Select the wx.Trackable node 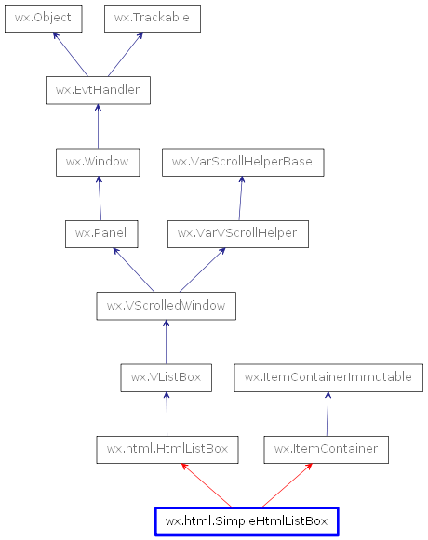point(152,18)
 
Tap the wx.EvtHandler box point(98,90)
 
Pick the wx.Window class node point(98,162)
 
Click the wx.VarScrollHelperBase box point(243,162)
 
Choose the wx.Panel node point(101,233)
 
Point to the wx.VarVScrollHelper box point(237,233)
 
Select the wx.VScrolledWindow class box point(166,305)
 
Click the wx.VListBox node point(166,377)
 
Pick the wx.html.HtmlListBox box point(167,450)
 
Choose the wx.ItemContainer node point(326,450)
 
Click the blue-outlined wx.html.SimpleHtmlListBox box point(247,521)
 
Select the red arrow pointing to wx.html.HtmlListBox point(207,485)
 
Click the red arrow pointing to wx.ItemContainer point(286,485)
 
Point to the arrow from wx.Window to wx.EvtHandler point(98,126)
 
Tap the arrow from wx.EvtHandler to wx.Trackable point(125,54)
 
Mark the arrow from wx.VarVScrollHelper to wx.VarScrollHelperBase point(241,198)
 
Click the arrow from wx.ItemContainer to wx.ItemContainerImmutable point(328,414)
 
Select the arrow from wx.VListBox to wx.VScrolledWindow point(166,341)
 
